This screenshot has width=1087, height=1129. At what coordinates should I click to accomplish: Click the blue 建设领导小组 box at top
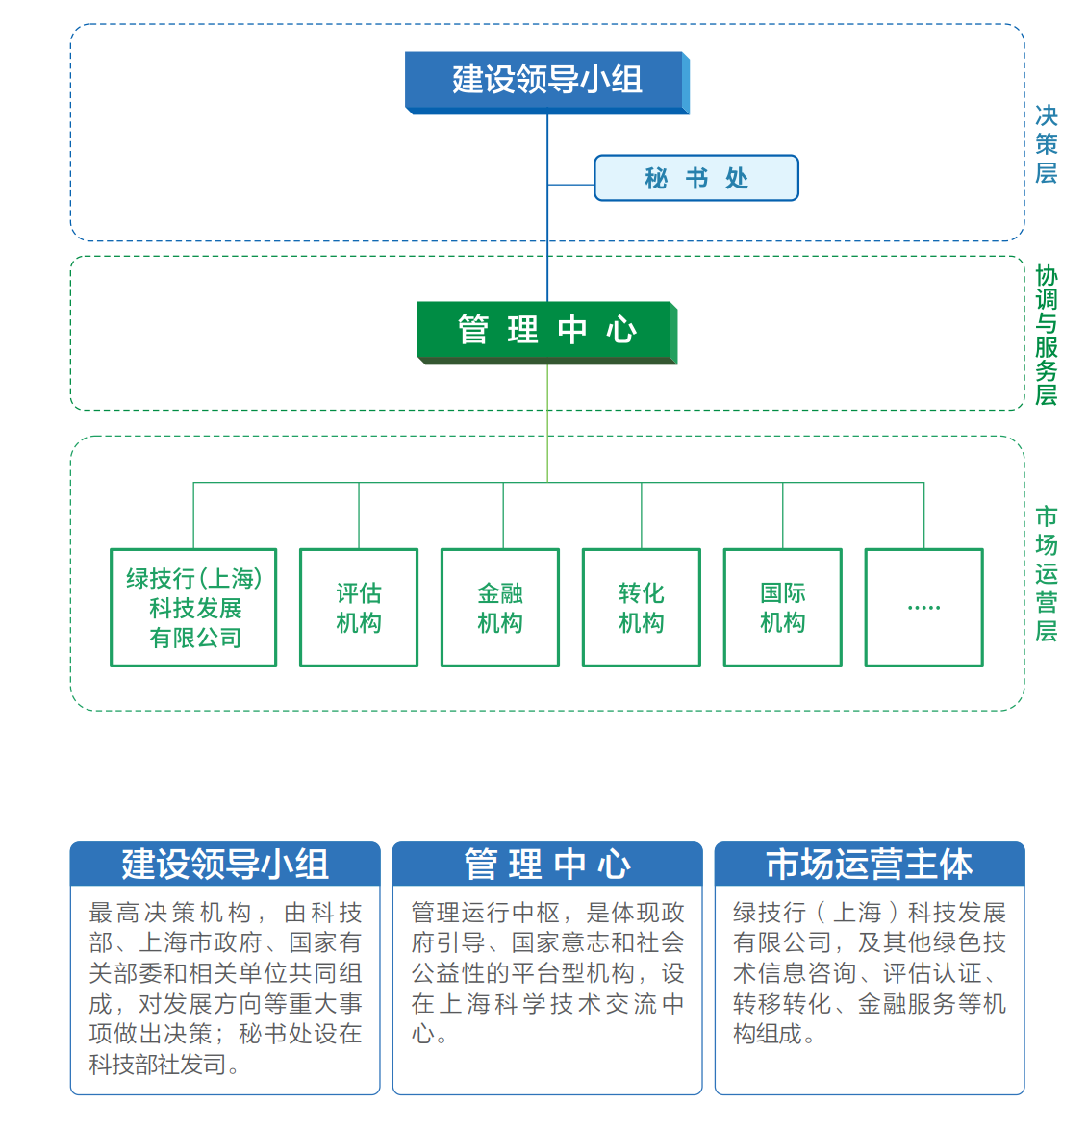tap(546, 81)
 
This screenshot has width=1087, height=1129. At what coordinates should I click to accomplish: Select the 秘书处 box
tap(695, 178)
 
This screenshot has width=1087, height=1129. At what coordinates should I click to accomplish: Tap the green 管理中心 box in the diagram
tap(546, 330)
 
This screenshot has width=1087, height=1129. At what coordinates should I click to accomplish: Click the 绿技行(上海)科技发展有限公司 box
tap(193, 608)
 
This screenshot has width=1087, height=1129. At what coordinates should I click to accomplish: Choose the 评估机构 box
tap(359, 608)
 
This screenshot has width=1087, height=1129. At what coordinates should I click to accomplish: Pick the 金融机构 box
tap(500, 608)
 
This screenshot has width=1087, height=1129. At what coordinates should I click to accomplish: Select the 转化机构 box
tap(642, 608)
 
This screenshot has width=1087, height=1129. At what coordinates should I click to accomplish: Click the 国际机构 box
tap(783, 608)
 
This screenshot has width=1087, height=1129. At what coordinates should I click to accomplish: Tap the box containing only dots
tap(923, 608)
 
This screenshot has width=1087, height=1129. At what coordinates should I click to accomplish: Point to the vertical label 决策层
tap(1046, 144)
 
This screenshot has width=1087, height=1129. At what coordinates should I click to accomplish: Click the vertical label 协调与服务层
tap(1046, 335)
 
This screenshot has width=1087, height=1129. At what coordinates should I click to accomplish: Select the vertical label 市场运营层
tap(1046, 573)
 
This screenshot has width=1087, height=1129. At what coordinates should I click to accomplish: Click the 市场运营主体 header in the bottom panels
tap(869, 864)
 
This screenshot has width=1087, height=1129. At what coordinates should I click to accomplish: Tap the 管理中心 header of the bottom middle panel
tap(546, 864)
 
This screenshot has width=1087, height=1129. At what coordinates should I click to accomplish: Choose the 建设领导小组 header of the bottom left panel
tap(224, 864)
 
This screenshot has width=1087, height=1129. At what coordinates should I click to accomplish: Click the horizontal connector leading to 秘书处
tap(571, 185)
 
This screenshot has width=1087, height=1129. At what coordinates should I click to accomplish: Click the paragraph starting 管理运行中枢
tap(546, 971)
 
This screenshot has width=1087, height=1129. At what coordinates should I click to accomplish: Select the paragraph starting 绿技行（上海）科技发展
tap(869, 971)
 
